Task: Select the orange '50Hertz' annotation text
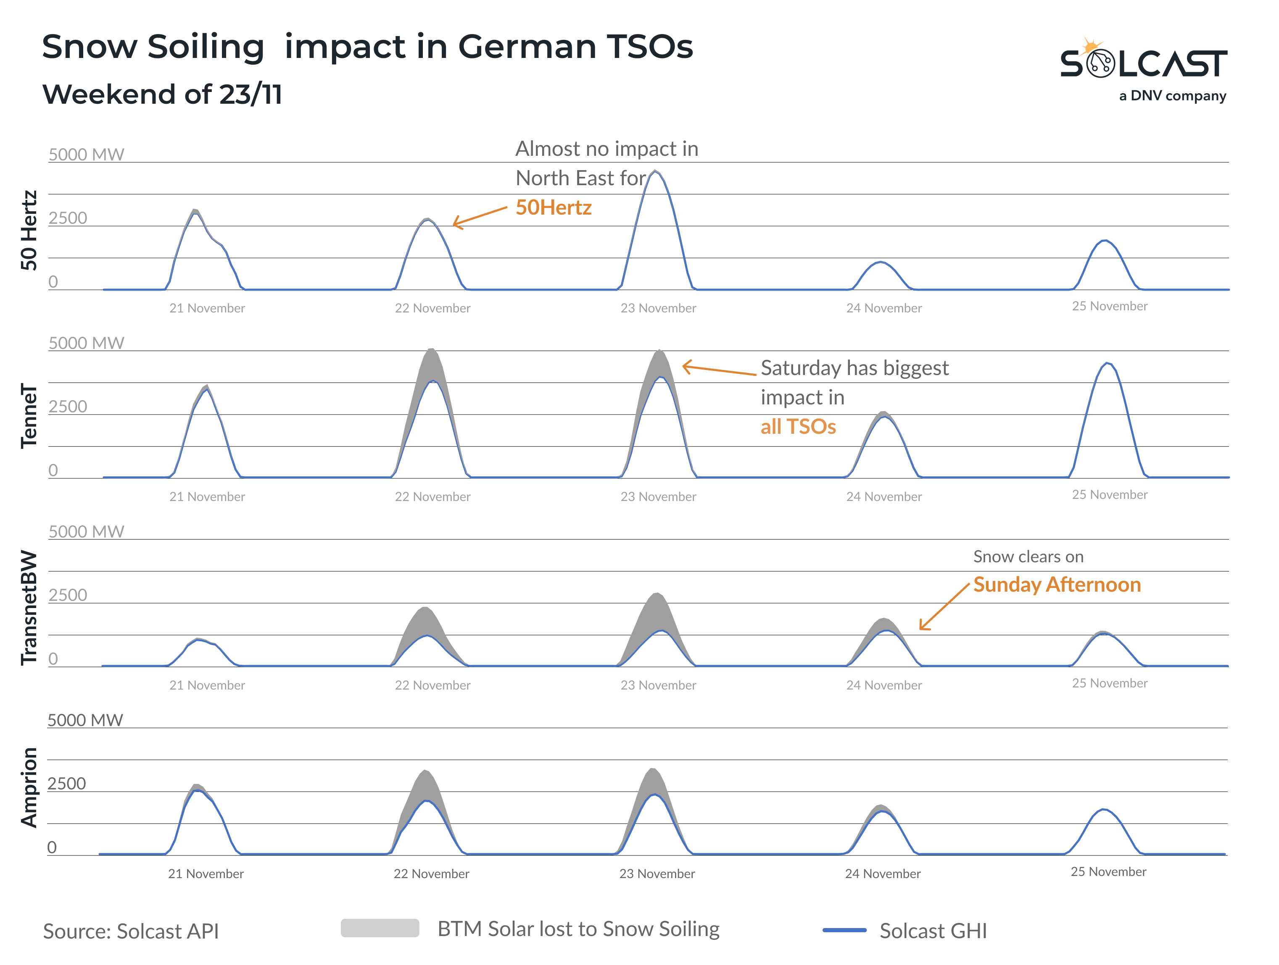coord(554,207)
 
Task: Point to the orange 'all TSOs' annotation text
coord(798,427)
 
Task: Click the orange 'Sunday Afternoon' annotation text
coord(1056,585)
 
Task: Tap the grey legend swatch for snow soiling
coord(380,928)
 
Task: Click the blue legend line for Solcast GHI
coord(844,930)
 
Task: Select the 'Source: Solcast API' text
coord(131,931)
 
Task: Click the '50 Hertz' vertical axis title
coord(29,230)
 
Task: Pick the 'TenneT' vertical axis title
coord(29,416)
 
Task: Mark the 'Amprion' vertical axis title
coord(29,788)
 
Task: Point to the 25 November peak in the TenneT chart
coord(1107,364)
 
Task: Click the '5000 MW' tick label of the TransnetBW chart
coord(86,532)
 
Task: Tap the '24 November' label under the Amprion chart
coord(882,874)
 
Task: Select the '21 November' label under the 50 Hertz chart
coord(207,308)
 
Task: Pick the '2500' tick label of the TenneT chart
coord(68,407)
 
